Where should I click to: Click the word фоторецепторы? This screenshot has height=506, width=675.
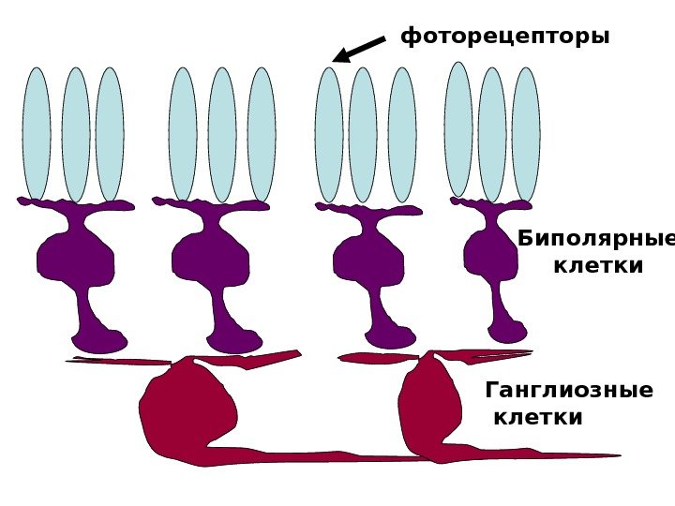click(x=504, y=37)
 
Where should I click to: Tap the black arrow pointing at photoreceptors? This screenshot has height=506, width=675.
click(x=358, y=50)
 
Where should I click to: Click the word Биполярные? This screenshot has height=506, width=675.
click(x=595, y=238)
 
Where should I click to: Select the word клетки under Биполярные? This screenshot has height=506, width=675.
click(x=598, y=266)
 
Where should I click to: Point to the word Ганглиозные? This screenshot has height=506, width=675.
click(x=569, y=390)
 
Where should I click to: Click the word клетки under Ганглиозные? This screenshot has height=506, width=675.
click(x=537, y=417)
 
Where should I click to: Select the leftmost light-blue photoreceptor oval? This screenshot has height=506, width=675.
click(x=37, y=133)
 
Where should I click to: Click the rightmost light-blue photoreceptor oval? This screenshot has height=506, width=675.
click(x=526, y=133)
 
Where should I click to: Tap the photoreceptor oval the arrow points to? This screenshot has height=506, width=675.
click(x=329, y=135)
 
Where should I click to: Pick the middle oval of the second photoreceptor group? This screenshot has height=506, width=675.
click(x=222, y=135)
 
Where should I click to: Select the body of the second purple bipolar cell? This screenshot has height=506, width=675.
click(x=211, y=258)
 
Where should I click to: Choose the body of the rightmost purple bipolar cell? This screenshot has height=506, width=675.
click(x=490, y=253)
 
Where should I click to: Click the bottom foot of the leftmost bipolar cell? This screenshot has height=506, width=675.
click(x=98, y=341)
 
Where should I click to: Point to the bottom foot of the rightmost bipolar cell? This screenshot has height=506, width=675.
click(x=508, y=333)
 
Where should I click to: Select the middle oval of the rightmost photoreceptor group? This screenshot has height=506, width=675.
click(x=492, y=135)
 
